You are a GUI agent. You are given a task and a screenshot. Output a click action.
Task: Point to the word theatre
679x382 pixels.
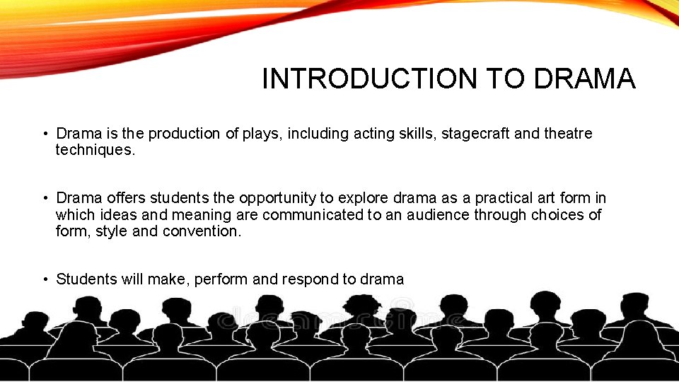point(568,134)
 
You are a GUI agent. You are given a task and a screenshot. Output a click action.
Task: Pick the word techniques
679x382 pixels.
point(95,150)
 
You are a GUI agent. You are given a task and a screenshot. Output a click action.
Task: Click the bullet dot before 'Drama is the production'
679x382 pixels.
point(44,134)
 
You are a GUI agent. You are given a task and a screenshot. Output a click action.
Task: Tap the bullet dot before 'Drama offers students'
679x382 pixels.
point(44,199)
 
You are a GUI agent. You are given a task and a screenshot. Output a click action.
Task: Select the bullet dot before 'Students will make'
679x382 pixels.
point(44,279)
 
